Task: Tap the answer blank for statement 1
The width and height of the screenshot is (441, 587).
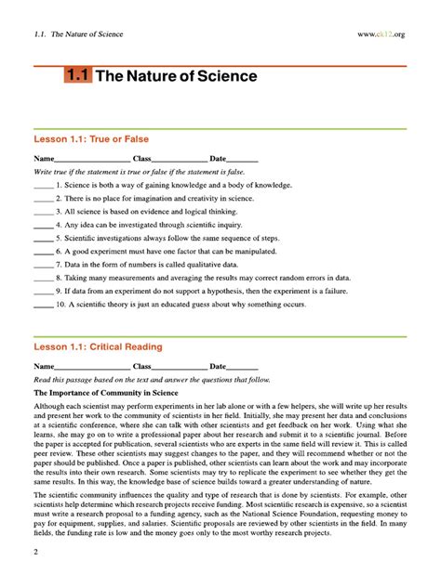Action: click(x=43, y=186)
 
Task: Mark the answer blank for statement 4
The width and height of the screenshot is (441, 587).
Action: click(x=43, y=226)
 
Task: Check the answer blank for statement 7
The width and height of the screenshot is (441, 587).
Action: click(x=43, y=265)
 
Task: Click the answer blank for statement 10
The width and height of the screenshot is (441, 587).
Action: click(x=43, y=305)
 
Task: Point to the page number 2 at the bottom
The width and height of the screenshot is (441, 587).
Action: click(x=35, y=554)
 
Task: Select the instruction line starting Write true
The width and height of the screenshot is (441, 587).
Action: click(x=140, y=173)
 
